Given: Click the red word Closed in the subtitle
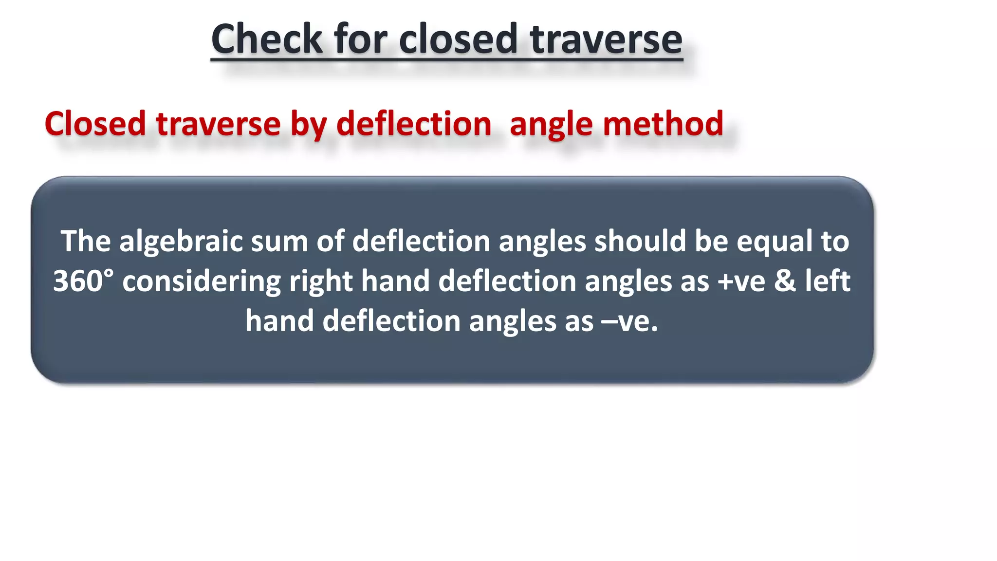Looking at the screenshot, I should [x=95, y=124].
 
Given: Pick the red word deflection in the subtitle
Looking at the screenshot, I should [x=414, y=124].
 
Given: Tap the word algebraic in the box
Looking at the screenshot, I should [x=181, y=242].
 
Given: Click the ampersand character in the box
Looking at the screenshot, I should [x=785, y=281].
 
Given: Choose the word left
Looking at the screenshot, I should [x=828, y=281].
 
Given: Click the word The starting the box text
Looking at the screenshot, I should [x=85, y=242].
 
